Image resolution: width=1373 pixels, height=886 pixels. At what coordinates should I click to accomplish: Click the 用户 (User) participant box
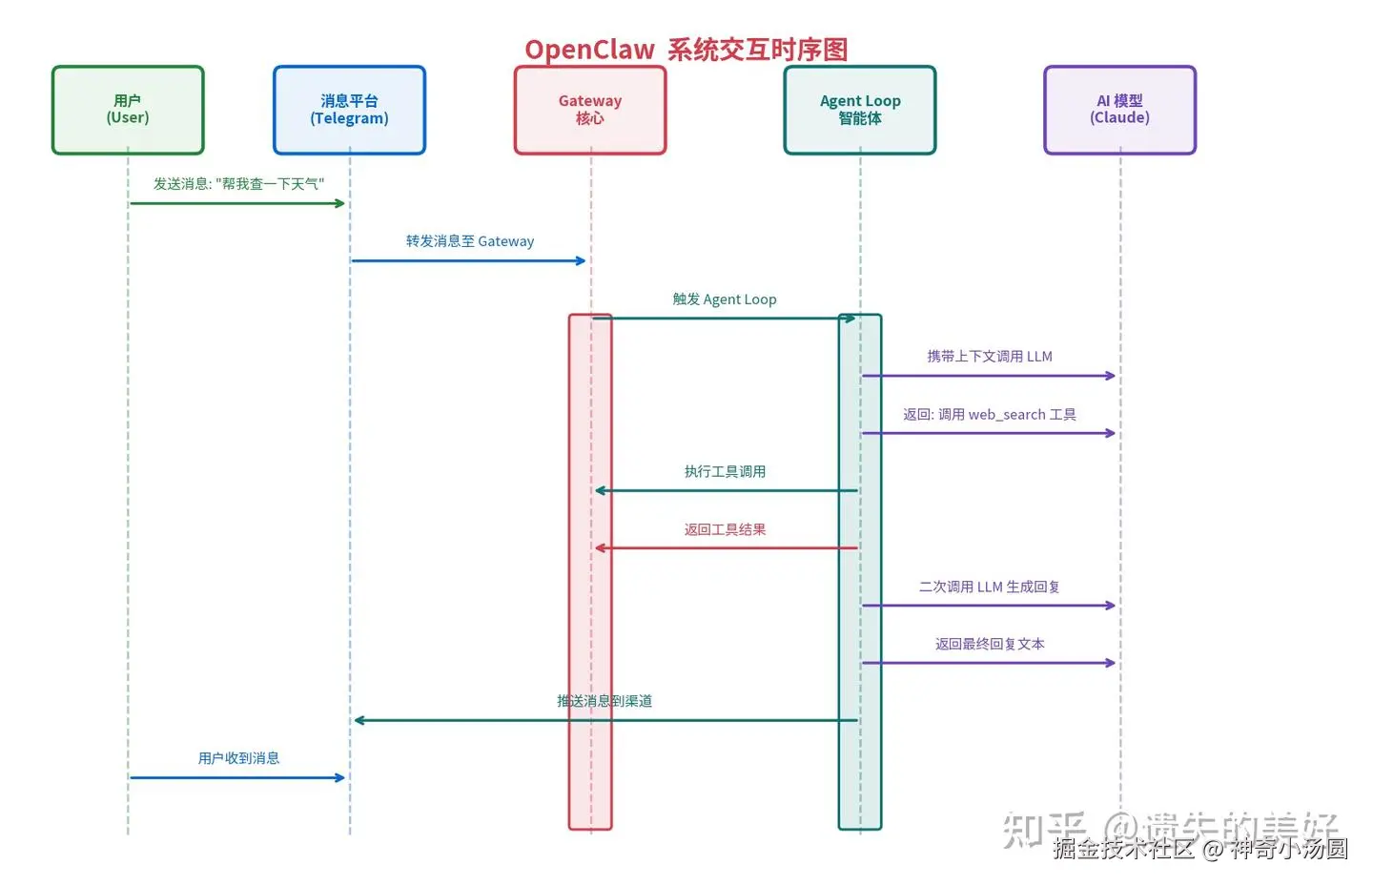pos(128,110)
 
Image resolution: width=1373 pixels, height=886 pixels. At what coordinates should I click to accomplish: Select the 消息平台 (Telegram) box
pos(349,110)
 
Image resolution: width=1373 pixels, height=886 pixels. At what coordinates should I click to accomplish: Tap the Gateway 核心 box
pos(589,110)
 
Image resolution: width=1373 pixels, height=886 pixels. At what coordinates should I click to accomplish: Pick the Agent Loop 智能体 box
pos(859,110)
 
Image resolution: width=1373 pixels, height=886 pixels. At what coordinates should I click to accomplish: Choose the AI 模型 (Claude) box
pos(1119,110)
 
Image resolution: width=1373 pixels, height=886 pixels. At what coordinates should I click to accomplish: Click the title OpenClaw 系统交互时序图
pos(686,50)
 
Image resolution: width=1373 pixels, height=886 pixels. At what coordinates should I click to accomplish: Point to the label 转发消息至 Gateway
pos(469,241)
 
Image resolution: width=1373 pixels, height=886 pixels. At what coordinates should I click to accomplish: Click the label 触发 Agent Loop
pos(725,299)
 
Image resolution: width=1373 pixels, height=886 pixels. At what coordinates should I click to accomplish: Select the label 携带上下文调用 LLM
pos(990,357)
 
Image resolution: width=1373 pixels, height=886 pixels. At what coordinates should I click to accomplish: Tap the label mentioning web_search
pos(990,415)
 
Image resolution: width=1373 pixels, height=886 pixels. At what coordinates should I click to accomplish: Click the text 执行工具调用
pos(725,472)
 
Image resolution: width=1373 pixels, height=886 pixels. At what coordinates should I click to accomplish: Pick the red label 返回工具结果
pos(725,529)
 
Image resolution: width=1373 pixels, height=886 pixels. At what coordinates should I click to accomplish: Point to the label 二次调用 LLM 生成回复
pos(990,587)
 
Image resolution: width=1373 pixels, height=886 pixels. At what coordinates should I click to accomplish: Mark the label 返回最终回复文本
pos(990,644)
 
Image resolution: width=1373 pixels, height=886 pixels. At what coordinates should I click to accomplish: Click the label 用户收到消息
pos(238,758)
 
